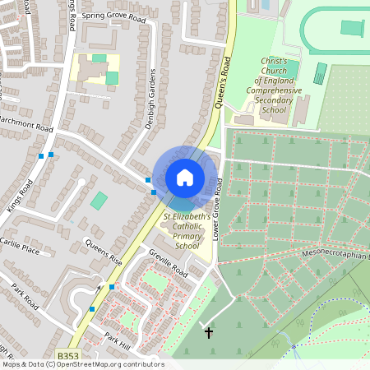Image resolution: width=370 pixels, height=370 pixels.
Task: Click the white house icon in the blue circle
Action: pos(185,177)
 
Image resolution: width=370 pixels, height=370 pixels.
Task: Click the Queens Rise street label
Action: pos(104,252)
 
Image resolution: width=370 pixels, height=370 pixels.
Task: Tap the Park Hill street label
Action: pos(118,339)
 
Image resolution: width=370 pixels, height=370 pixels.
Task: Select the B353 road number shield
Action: pos(68,354)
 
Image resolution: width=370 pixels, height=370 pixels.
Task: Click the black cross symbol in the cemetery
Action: pos(209,333)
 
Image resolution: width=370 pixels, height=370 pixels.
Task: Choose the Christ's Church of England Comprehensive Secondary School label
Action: pos(274,86)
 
